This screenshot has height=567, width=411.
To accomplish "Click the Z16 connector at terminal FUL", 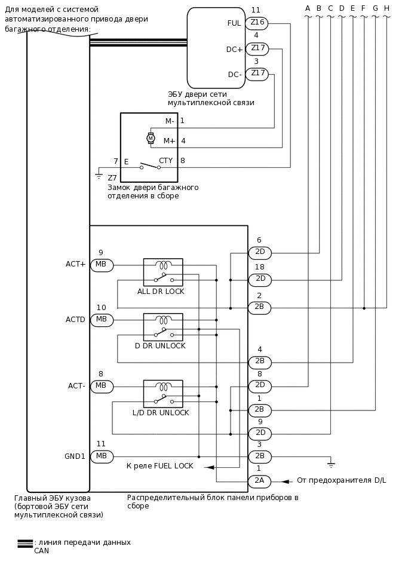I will tap(257, 23).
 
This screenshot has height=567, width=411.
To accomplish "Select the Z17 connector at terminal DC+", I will tap(257, 49).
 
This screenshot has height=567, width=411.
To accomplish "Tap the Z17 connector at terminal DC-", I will tap(257, 74).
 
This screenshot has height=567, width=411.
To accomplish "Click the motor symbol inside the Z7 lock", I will tap(151, 138).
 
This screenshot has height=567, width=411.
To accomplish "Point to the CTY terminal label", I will tap(165, 161).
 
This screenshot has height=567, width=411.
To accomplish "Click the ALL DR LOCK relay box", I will tap(163, 272).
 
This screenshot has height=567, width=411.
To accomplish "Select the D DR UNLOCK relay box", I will tap(163, 327).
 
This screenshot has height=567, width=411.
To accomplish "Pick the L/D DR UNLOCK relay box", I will tap(163, 394).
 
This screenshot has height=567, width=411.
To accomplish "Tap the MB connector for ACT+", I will tap(102, 265).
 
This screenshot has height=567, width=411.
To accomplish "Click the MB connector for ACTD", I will tap(102, 320).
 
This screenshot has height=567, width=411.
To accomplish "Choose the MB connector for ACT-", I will tap(102, 387).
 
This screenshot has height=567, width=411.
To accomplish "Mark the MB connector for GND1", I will tap(102, 456).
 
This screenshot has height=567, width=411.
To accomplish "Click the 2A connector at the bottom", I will tap(259, 481).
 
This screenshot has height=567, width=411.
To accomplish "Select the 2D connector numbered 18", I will tap(260, 280).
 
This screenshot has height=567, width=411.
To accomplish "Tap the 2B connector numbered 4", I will tap(260, 362).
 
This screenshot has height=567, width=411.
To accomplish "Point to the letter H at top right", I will tap(387, 8).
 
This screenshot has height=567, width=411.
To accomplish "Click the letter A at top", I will tap(308, 8).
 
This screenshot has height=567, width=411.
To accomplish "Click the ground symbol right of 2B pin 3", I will tap(330, 463).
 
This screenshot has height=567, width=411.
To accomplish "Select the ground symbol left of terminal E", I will tap(99, 175).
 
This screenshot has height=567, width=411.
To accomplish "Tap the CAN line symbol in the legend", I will tap(25, 543).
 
